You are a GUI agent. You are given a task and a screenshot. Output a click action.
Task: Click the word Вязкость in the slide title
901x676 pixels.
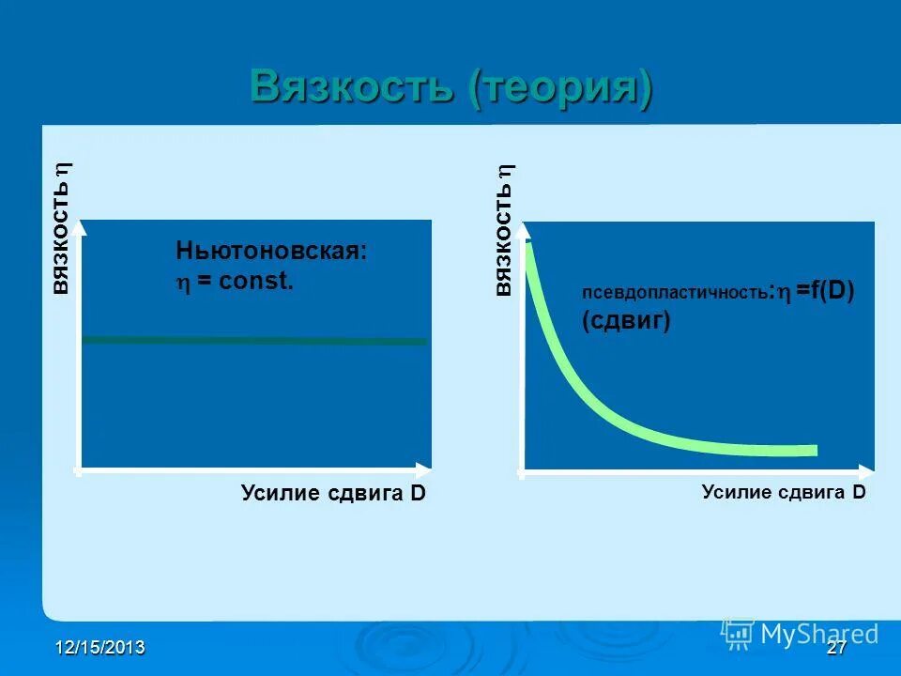pyautogui.click(x=356, y=88)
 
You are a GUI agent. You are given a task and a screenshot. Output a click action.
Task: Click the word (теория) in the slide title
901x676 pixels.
pyautogui.click(x=561, y=89)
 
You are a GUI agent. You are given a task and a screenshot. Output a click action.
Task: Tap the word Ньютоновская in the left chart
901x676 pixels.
pyautogui.click(x=270, y=251)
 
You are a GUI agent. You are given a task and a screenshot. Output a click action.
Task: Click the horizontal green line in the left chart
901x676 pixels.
pyautogui.click(x=253, y=340)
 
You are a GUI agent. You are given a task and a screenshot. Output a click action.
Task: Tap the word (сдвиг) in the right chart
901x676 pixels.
pyautogui.click(x=625, y=321)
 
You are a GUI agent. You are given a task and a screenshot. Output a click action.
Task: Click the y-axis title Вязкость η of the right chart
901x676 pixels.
pyautogui.click(x=504, y=230)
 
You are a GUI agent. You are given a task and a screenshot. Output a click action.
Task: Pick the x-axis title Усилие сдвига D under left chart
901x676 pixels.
pyautogui.click(x=333, y=493)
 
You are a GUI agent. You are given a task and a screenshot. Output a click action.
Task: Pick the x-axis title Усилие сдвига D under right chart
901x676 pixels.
pyautogui.click(x=783, y=492)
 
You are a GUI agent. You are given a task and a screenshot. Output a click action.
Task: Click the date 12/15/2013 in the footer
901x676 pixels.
pyautogui.click(x=99, y=648)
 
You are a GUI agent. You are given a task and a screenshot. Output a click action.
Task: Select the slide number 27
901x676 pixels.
pyautogui.click(x=837, y=648)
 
